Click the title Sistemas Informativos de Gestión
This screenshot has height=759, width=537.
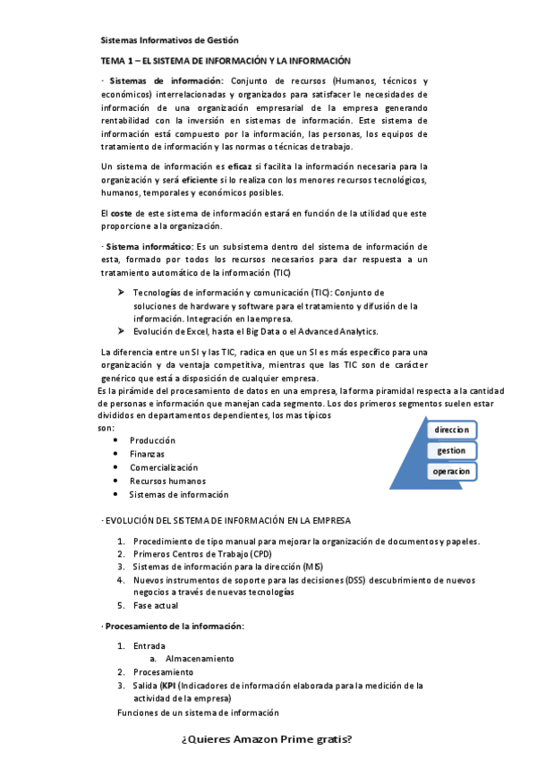[x=169, y=40]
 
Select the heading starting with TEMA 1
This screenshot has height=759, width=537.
[x=225, y=60]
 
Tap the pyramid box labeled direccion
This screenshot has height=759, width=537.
[x=451, y=431]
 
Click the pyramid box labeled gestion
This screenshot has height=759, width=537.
[x=451, y=451]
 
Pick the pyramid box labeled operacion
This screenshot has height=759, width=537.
[x=451, y=472]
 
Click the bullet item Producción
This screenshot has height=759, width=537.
[x=152, y=440]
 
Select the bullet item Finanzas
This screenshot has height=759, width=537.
[x=147, y=454]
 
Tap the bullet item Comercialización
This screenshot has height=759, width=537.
[x=164, y=467]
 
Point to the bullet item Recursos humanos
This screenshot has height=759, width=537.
[x=167, y=481]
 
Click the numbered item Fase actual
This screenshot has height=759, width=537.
[x=155, y=605]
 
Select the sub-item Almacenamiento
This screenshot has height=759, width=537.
[x=200, y=658]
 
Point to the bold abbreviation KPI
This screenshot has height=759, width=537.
[x=167, y=685]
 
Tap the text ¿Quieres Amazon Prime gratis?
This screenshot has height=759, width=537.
[x=267, y=739]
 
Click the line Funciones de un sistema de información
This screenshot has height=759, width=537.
[x=198, y=712]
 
